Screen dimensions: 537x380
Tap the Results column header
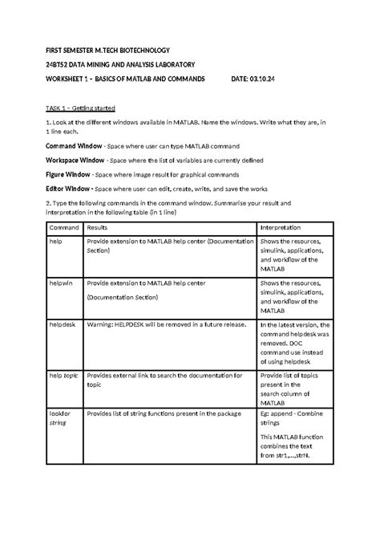point(99,228)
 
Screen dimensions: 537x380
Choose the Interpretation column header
point(281,228)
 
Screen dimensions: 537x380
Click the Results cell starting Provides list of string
point(165,413)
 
